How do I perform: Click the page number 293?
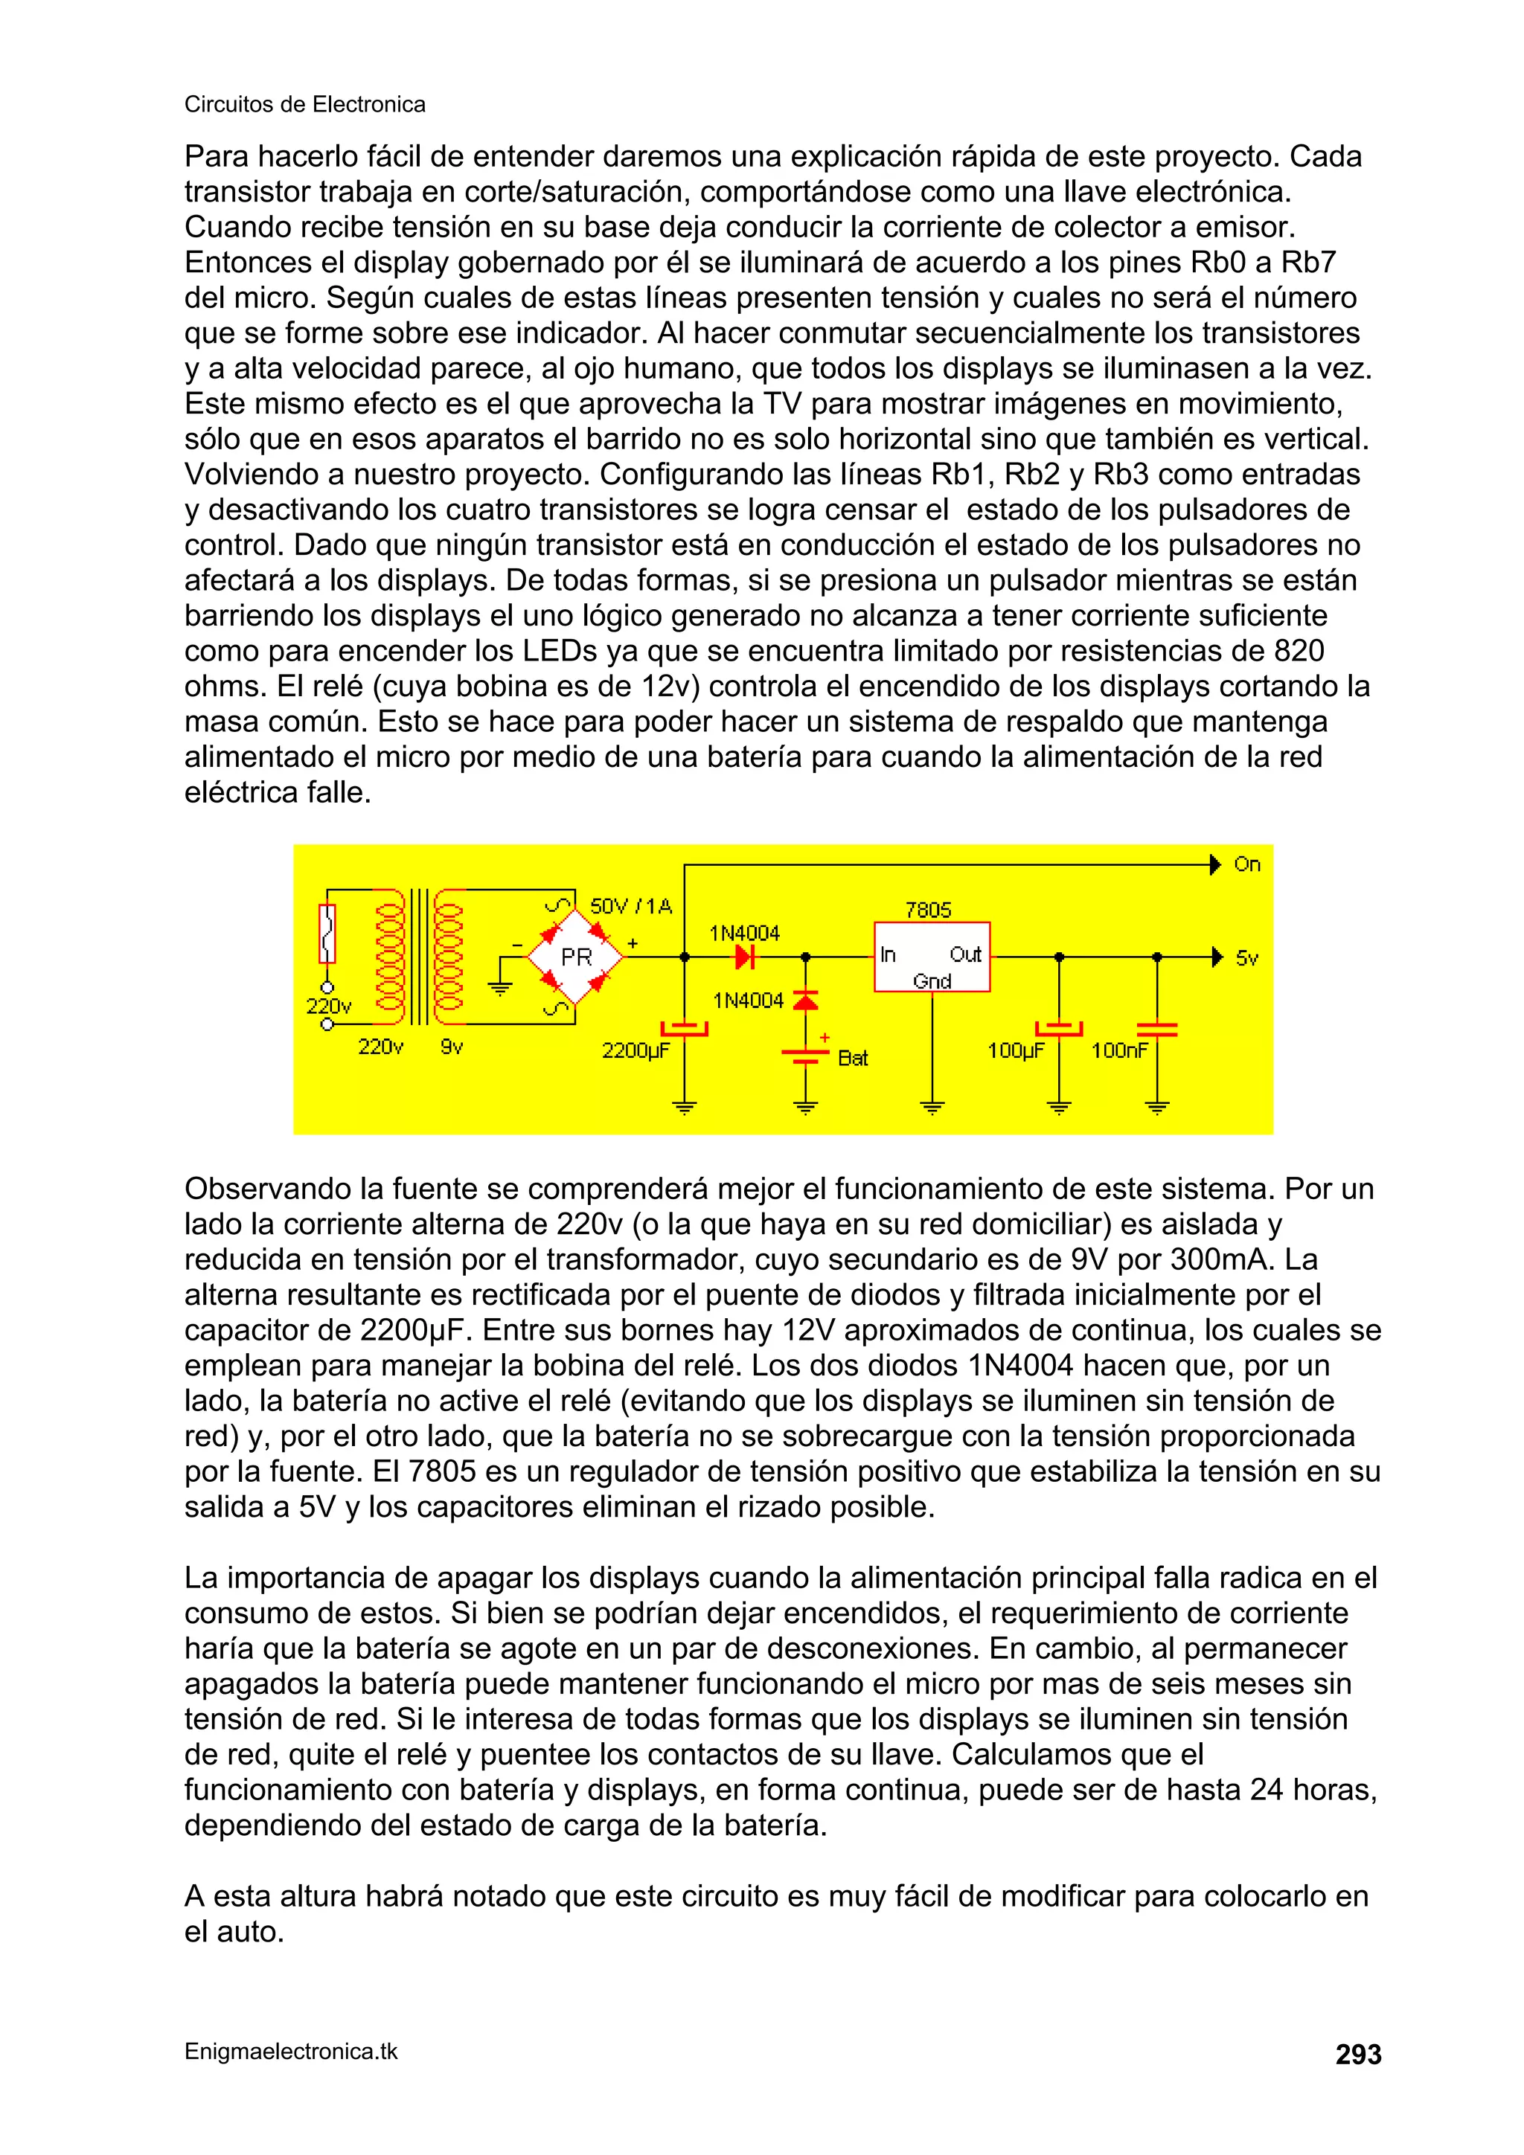coord(1358,2055)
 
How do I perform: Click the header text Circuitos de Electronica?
coord(304,104)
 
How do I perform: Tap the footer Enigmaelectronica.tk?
coord(291,2051)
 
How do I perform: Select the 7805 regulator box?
coord(932,957)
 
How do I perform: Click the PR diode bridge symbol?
coord(576,957)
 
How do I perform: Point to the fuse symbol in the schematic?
coord(327,934)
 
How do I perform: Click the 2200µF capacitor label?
coord(635,1050)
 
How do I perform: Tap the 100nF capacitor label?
coord(1119,1050)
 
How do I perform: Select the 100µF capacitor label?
coord(1016,1050)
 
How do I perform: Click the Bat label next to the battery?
coord(853,1058)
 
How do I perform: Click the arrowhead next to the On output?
coord(1215,864)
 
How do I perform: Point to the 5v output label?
coord(1246,958)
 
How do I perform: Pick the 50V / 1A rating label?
coord(631,906)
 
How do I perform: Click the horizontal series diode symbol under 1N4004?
coord(746,957)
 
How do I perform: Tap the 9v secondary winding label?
coord(452,1047)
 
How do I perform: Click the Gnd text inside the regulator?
coord(932,981)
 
